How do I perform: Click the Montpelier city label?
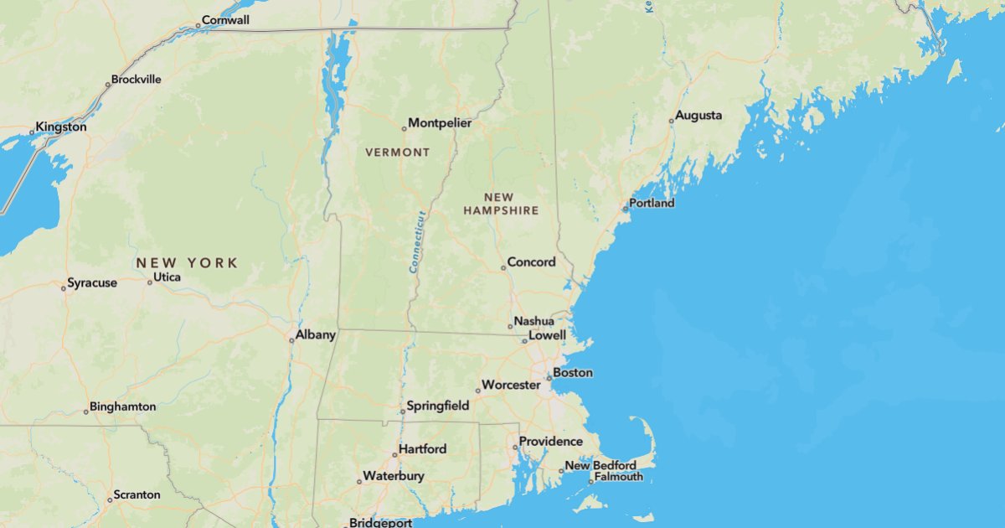point(440,123)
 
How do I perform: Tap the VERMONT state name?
point(397,153)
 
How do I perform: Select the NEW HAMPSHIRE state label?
point(501,204)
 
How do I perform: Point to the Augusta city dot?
point(671,121)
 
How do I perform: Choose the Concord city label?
point(531,262)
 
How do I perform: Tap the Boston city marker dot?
point(549,378)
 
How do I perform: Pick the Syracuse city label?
point(92,283)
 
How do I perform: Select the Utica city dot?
point(150,282)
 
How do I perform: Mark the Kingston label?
point(60,127)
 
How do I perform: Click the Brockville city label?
point(136,80)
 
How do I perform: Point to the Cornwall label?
point(225,20)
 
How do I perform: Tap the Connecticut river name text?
point(418,241)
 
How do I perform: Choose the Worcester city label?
point(511,386)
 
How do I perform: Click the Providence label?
point(550,442)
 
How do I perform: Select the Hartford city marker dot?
point(394,454)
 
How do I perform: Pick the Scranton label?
point(137,495)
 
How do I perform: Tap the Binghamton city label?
point(122,406)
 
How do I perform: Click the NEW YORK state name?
point(187,263)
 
